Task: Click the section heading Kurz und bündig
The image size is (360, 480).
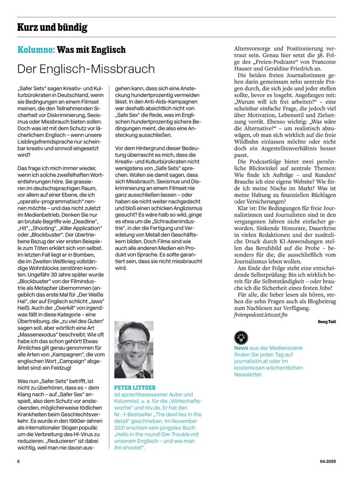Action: (x=52, y=27)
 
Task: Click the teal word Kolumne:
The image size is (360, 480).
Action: (x=36, y=50)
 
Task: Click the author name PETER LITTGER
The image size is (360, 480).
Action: (x=135, y=388)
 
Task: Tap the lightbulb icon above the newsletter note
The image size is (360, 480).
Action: (x=241, y=338)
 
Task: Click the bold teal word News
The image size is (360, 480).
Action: (x=241, y=348)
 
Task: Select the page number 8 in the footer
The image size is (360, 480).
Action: (x=19, y=461)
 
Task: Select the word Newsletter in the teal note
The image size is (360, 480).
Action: (x=248, y=375)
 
